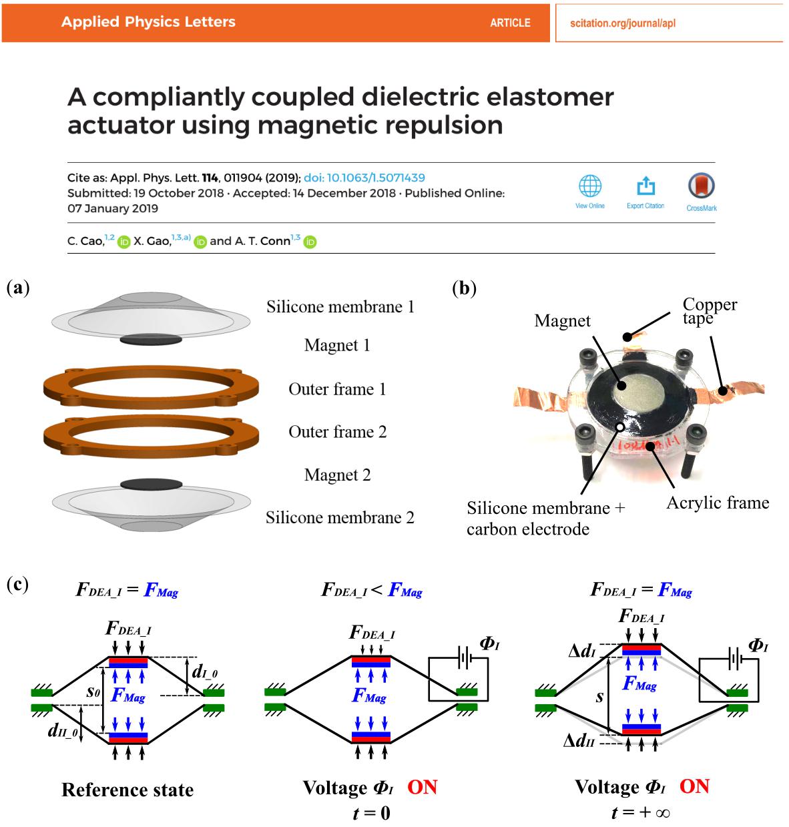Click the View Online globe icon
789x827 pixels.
click(589, 186)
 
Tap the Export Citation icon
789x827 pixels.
click(645, 186)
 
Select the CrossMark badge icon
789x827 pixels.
click(701, 186)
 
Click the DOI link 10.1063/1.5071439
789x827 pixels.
click(364, 178)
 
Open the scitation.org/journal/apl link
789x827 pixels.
click(622, 23)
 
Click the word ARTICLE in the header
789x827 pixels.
click(510, 23)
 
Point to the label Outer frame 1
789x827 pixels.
click(337, 389)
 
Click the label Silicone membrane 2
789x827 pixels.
click(340, 517)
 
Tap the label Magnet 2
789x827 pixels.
click(337, 475)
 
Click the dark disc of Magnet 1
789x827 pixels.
click(151, 340)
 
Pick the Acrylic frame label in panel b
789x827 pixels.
click(718, 503)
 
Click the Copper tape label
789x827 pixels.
click(709, 311)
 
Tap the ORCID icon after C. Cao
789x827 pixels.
click(123, 242)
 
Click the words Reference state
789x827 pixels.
click(127, 790)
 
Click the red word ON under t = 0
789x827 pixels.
click(422, 787)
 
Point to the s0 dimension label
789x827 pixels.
click(93, 692)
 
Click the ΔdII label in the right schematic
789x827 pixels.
click(578, 740)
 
